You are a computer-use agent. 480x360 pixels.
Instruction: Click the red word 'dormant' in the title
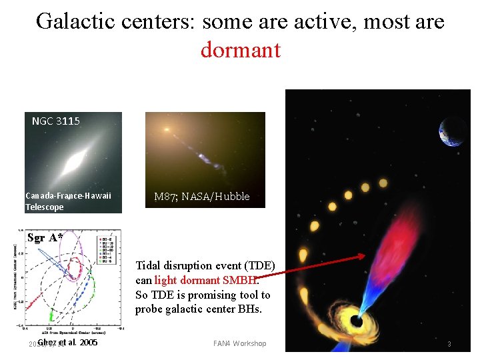(x=240, y=50)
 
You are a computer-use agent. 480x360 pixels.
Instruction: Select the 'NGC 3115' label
(x=56, y=121)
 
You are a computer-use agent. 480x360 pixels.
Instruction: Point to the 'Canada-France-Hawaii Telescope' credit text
(x=67, y=201)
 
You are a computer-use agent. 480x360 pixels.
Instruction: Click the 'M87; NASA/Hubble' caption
(x=201, y=197)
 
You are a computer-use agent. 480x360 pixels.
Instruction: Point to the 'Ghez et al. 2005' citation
(x=67, y=343)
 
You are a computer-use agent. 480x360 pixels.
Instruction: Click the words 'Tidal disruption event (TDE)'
(x=205, y=266)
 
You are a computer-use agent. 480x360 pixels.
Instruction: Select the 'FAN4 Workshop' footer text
(x=239, y=343)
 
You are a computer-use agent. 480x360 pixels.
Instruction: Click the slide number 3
(x=449, y=344)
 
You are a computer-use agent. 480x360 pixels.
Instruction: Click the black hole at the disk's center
(x=359, y=321)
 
